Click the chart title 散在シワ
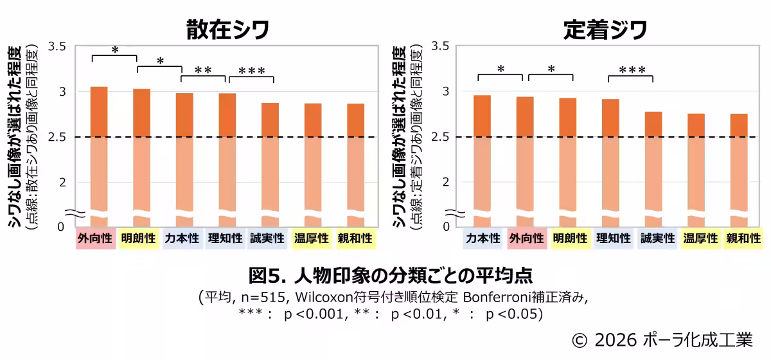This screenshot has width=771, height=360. [x=227, y=30]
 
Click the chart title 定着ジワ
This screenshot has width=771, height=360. [x=605, y=30]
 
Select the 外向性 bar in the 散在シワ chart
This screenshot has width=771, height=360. [x=99, y=154]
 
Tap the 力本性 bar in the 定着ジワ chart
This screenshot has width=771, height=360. [x=482, y=157]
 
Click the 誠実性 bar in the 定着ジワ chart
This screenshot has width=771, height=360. [x=653, y=167]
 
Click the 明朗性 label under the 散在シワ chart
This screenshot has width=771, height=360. [x=138, y=239]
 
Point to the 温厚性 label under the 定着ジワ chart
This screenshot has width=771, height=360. [x=700, y=239]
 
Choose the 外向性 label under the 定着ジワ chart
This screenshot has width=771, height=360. [x=526, y=239]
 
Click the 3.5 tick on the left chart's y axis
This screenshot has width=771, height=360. [x=57, y=46]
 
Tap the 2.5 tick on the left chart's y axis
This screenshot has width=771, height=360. [x=57, y=137]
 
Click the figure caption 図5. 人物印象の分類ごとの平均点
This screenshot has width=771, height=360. [x=390, y=275]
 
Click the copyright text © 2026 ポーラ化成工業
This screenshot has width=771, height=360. [x=662, y=339]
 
